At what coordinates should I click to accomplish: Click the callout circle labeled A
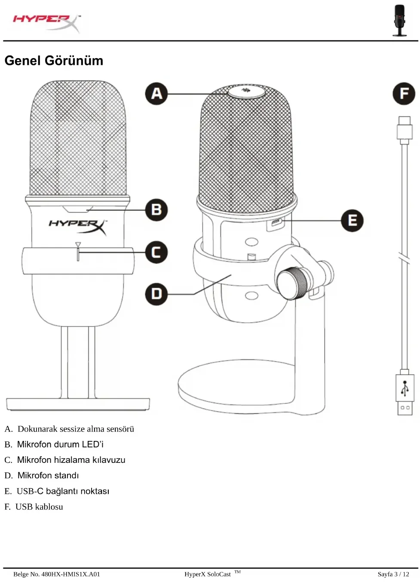(156, 94)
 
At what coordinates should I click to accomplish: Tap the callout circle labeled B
(156, 210)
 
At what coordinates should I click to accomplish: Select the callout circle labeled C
(156, 252)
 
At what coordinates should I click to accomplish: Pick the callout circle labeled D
(156, 294)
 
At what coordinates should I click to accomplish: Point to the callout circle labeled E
(352, 221)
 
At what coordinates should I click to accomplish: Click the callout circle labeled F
(404, 94)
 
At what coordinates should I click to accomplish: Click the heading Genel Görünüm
(54, 61)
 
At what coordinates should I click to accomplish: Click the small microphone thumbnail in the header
(399, 20)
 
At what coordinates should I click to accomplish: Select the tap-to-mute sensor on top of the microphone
(246, 91)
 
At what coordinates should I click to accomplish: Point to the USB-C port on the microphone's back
(275, 223)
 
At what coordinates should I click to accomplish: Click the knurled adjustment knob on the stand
(292, 283)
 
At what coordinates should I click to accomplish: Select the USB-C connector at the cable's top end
(404, 129)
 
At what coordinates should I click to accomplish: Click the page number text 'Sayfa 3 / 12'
(393, 574)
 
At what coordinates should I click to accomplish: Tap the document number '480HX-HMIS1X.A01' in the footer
(71, 574)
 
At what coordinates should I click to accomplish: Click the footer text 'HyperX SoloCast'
(208, 574)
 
